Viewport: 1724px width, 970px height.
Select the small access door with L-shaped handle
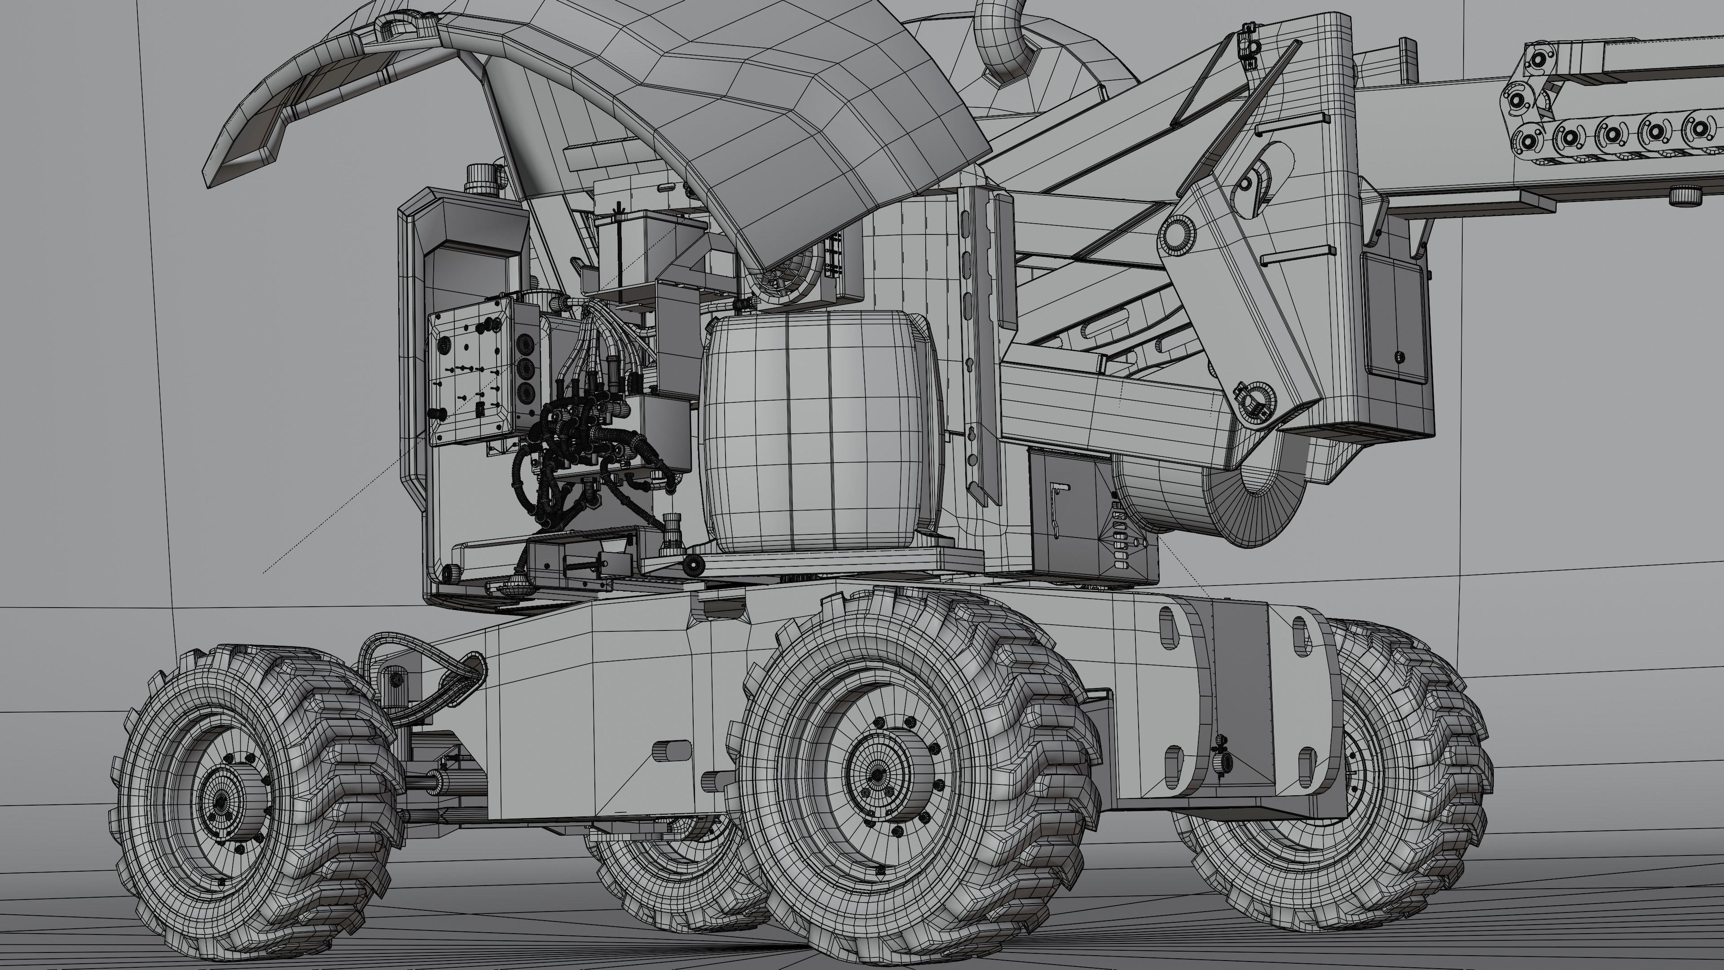(x=1064, y=509)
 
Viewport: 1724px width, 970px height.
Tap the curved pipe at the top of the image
(x=1001, y=40)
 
